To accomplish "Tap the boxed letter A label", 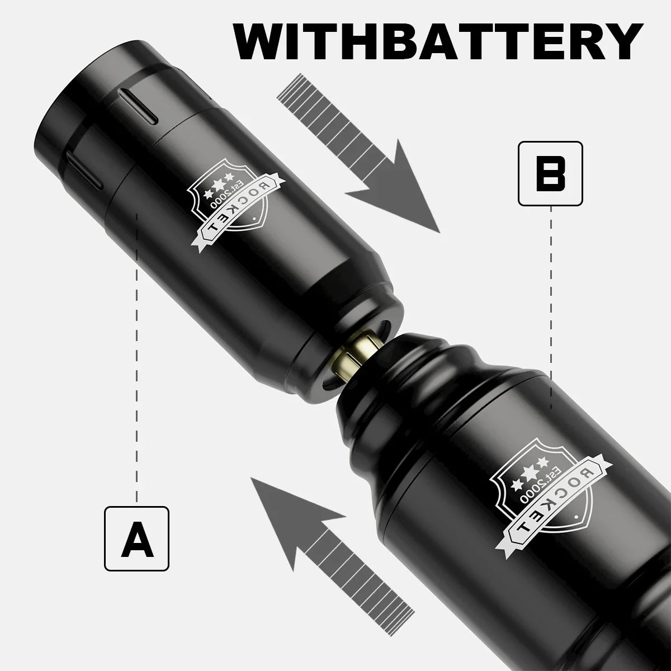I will pos(137,538).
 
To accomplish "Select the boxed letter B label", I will pos(550,173).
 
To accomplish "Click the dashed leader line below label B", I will pos(551,308).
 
